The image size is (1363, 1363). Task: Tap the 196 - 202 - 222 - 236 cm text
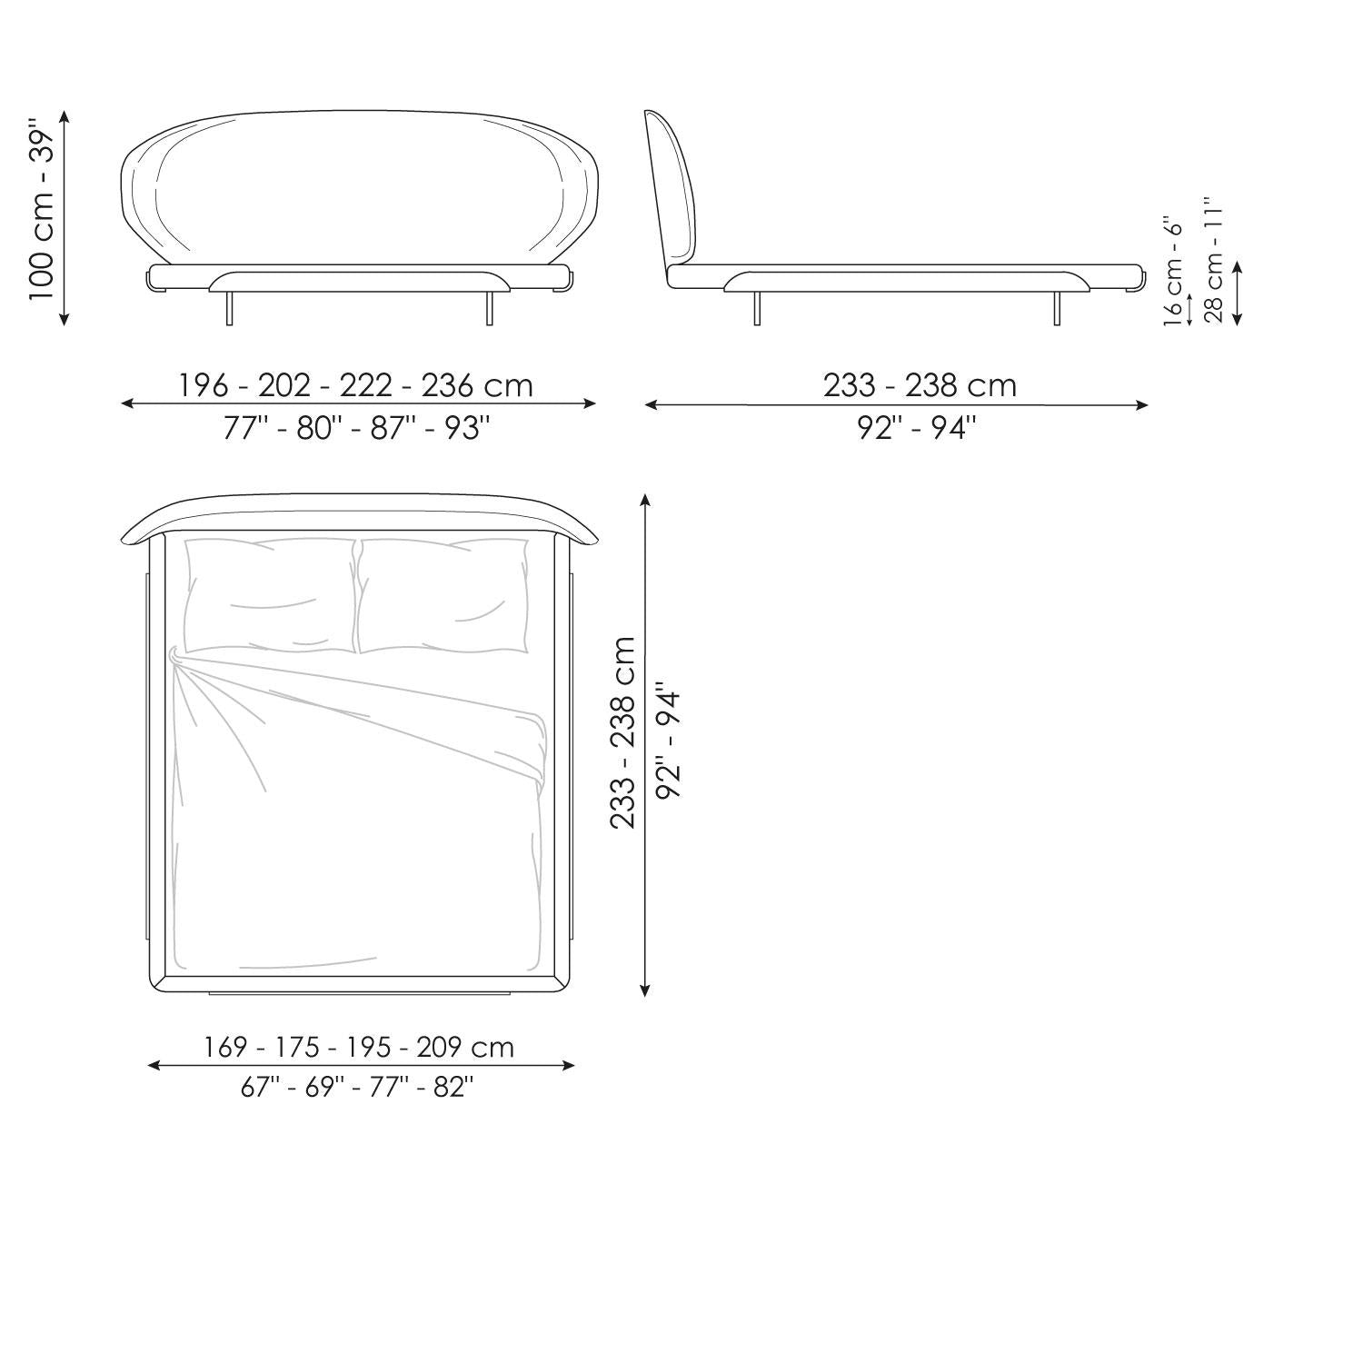(355, 385)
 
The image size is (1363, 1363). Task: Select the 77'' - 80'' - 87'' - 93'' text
(356, 427)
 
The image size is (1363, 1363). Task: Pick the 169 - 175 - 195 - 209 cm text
(359, 1047)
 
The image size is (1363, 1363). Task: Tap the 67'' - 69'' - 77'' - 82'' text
(357, 1087)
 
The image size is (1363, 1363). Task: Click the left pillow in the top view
(270, 595)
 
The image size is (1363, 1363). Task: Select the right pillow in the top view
(443, 595)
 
